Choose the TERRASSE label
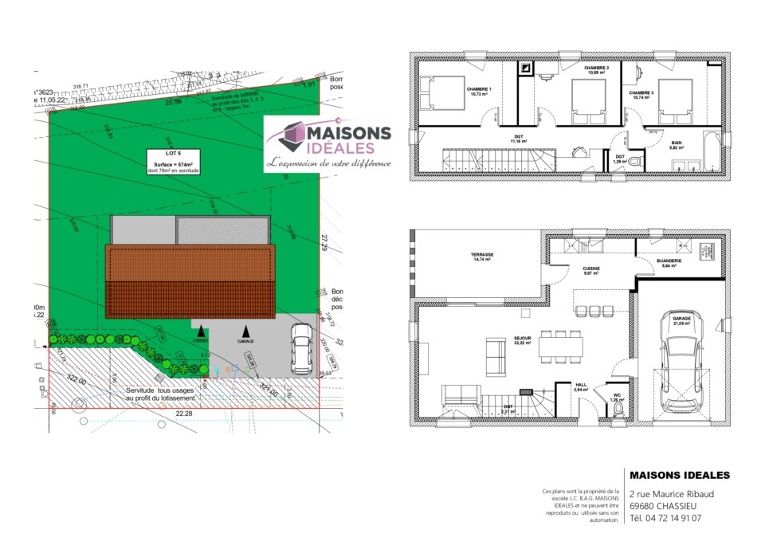483,255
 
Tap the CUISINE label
590,269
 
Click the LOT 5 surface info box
173,161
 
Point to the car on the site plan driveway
302,349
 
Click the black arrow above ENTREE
201,330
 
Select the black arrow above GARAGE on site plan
246,330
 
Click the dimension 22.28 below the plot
184,414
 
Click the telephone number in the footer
665,518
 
